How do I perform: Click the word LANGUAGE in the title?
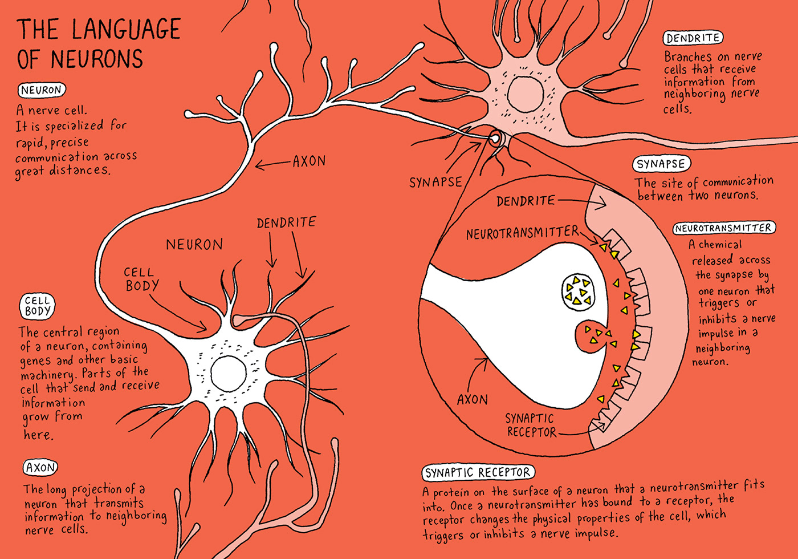coord(127,30)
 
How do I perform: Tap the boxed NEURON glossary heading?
coord(42,90)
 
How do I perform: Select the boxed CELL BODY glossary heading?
coord(38,306)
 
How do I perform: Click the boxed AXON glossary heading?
coord(40,468)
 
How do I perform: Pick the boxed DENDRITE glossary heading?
coord(693,38)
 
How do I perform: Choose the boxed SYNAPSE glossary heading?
coord(661,164)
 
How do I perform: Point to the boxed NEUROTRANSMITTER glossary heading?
coord(724,228)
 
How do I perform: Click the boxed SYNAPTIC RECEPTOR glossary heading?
coord(478,472)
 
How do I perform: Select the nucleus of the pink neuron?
coord(525,93)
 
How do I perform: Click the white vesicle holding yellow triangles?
coord(578,291)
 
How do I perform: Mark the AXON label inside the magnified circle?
coord(473,400)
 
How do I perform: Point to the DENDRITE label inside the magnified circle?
coord(526,201)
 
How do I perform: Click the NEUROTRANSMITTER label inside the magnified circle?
coord(522,233)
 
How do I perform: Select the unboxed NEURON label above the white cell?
coord(194,245)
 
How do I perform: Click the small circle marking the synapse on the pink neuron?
coord(495,137)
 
